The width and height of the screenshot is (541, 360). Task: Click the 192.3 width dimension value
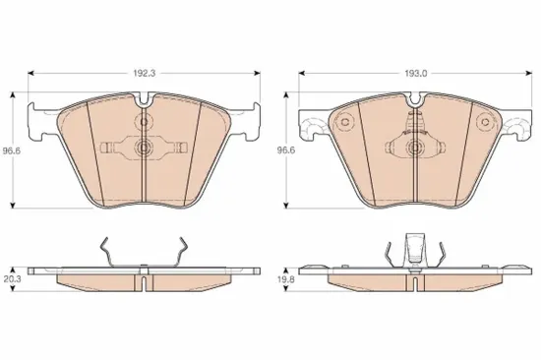[x=144, y=73]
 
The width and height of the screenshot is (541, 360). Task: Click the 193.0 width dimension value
[x=415, y=73]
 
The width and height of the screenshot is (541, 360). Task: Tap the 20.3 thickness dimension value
[x=13, y=279]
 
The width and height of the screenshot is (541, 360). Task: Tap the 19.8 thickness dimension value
[x=286, y=279]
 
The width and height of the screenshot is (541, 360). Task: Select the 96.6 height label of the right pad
[x=286, y=150]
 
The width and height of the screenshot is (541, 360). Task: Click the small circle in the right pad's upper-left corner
[x=344, y=122]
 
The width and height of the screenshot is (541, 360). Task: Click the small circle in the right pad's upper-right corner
[x=485, y=122]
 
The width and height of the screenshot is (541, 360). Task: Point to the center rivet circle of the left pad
[x=143, y=148]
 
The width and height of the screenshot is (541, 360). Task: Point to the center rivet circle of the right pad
[x=414, y=148]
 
